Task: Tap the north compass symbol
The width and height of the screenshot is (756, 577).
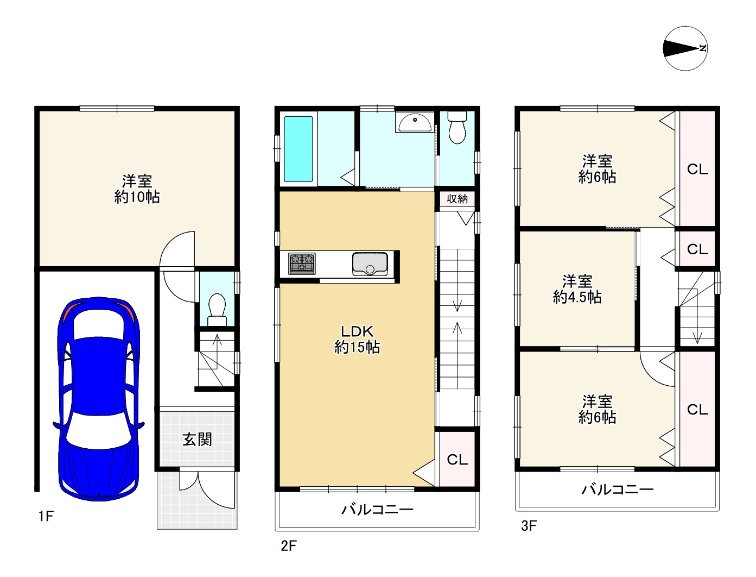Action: (x=685, y=48)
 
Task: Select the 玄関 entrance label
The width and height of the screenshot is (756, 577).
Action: (x=197, y=440)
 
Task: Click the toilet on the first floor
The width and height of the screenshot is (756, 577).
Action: (x=217, y=309)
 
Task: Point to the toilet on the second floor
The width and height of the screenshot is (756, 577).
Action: (x=457, y=128)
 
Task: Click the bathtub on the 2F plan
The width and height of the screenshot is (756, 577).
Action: (x=298, y=148)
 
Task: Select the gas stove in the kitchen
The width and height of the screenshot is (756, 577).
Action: (x=302, y=264)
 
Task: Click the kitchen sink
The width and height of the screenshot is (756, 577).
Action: (x=370, y=264)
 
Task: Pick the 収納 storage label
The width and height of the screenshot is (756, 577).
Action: (x=457, y=199)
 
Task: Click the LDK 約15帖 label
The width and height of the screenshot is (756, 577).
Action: (x=357, y=339)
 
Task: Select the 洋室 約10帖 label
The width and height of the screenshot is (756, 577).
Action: (x=137, y=189)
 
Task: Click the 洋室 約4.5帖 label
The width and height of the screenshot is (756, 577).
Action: (x=577, y=289)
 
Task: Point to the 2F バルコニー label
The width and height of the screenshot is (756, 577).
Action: (x=377, y=510)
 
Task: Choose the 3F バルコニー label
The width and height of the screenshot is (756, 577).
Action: (x=617, y=490)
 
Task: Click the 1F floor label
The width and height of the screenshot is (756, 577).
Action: (x=46, y=516)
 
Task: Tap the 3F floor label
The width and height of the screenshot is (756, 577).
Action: (x=529, y=526)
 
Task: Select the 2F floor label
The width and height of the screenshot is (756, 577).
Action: (x=289, y=546)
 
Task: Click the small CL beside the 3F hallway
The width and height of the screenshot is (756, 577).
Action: (x=697, y=249)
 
